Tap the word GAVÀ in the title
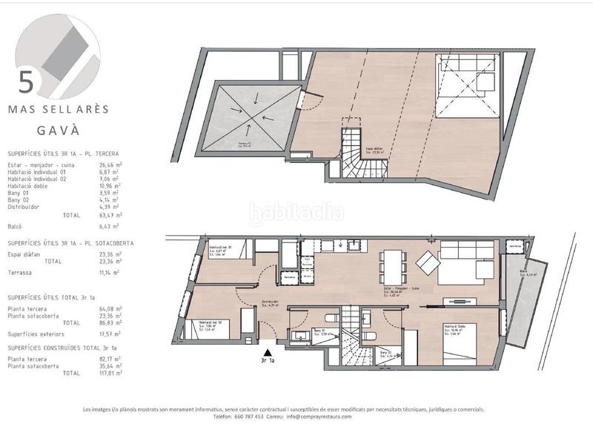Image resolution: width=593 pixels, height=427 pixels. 58,127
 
